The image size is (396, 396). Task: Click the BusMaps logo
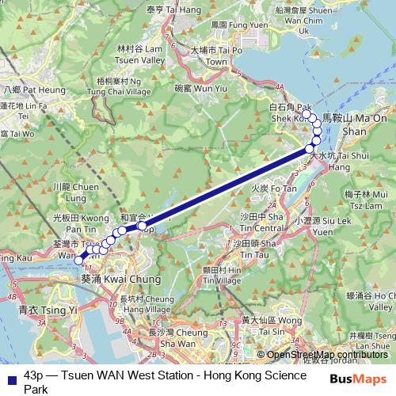[x=357, y=379]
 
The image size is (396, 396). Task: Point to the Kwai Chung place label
[x=121, y=280]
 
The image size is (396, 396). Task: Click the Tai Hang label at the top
[x=173, y=9]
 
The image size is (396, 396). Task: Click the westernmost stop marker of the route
[x=78, y=258]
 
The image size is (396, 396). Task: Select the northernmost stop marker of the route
[x=306, y=114]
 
